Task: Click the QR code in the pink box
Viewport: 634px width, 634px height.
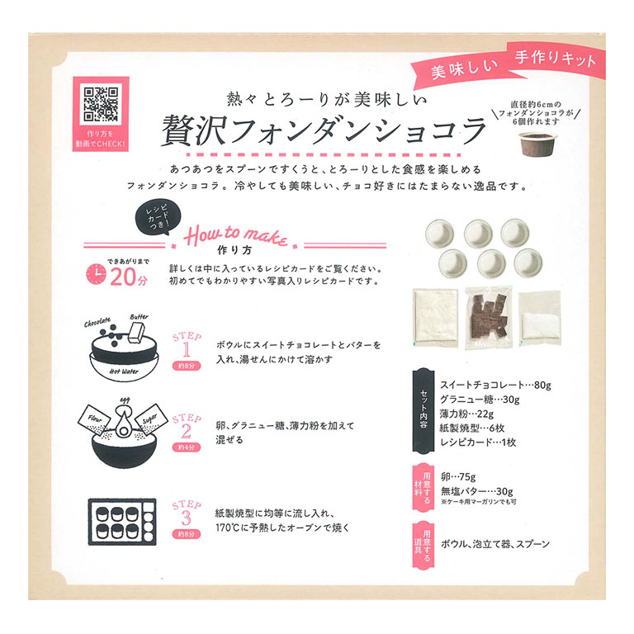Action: click(101, 103)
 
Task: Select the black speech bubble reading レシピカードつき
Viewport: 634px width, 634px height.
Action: click(158, 218)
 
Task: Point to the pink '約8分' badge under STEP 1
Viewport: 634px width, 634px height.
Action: click(187, 366)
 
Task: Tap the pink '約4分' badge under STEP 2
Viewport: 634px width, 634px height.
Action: click(187, 447)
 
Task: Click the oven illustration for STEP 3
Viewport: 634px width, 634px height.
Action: click(122, 522)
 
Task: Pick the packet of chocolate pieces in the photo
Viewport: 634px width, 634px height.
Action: click(489, 318)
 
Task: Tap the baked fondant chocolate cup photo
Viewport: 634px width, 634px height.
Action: click(537, 144)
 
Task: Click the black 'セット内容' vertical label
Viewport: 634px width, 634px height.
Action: click(423, 410)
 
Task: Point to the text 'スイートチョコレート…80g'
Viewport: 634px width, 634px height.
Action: click(495, 385)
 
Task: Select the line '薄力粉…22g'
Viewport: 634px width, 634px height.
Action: click(466, 414)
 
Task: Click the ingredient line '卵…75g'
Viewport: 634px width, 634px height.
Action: click(458, 476)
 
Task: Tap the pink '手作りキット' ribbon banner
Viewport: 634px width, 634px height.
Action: click(555, 59)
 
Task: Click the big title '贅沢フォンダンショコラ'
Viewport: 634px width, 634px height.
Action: click(324, 130)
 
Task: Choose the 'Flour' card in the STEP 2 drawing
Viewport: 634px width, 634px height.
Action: click(94, 419)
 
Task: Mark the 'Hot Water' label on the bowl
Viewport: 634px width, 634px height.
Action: click(124, 371)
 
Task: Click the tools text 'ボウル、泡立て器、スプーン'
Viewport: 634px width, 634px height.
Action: click(495, 544)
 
